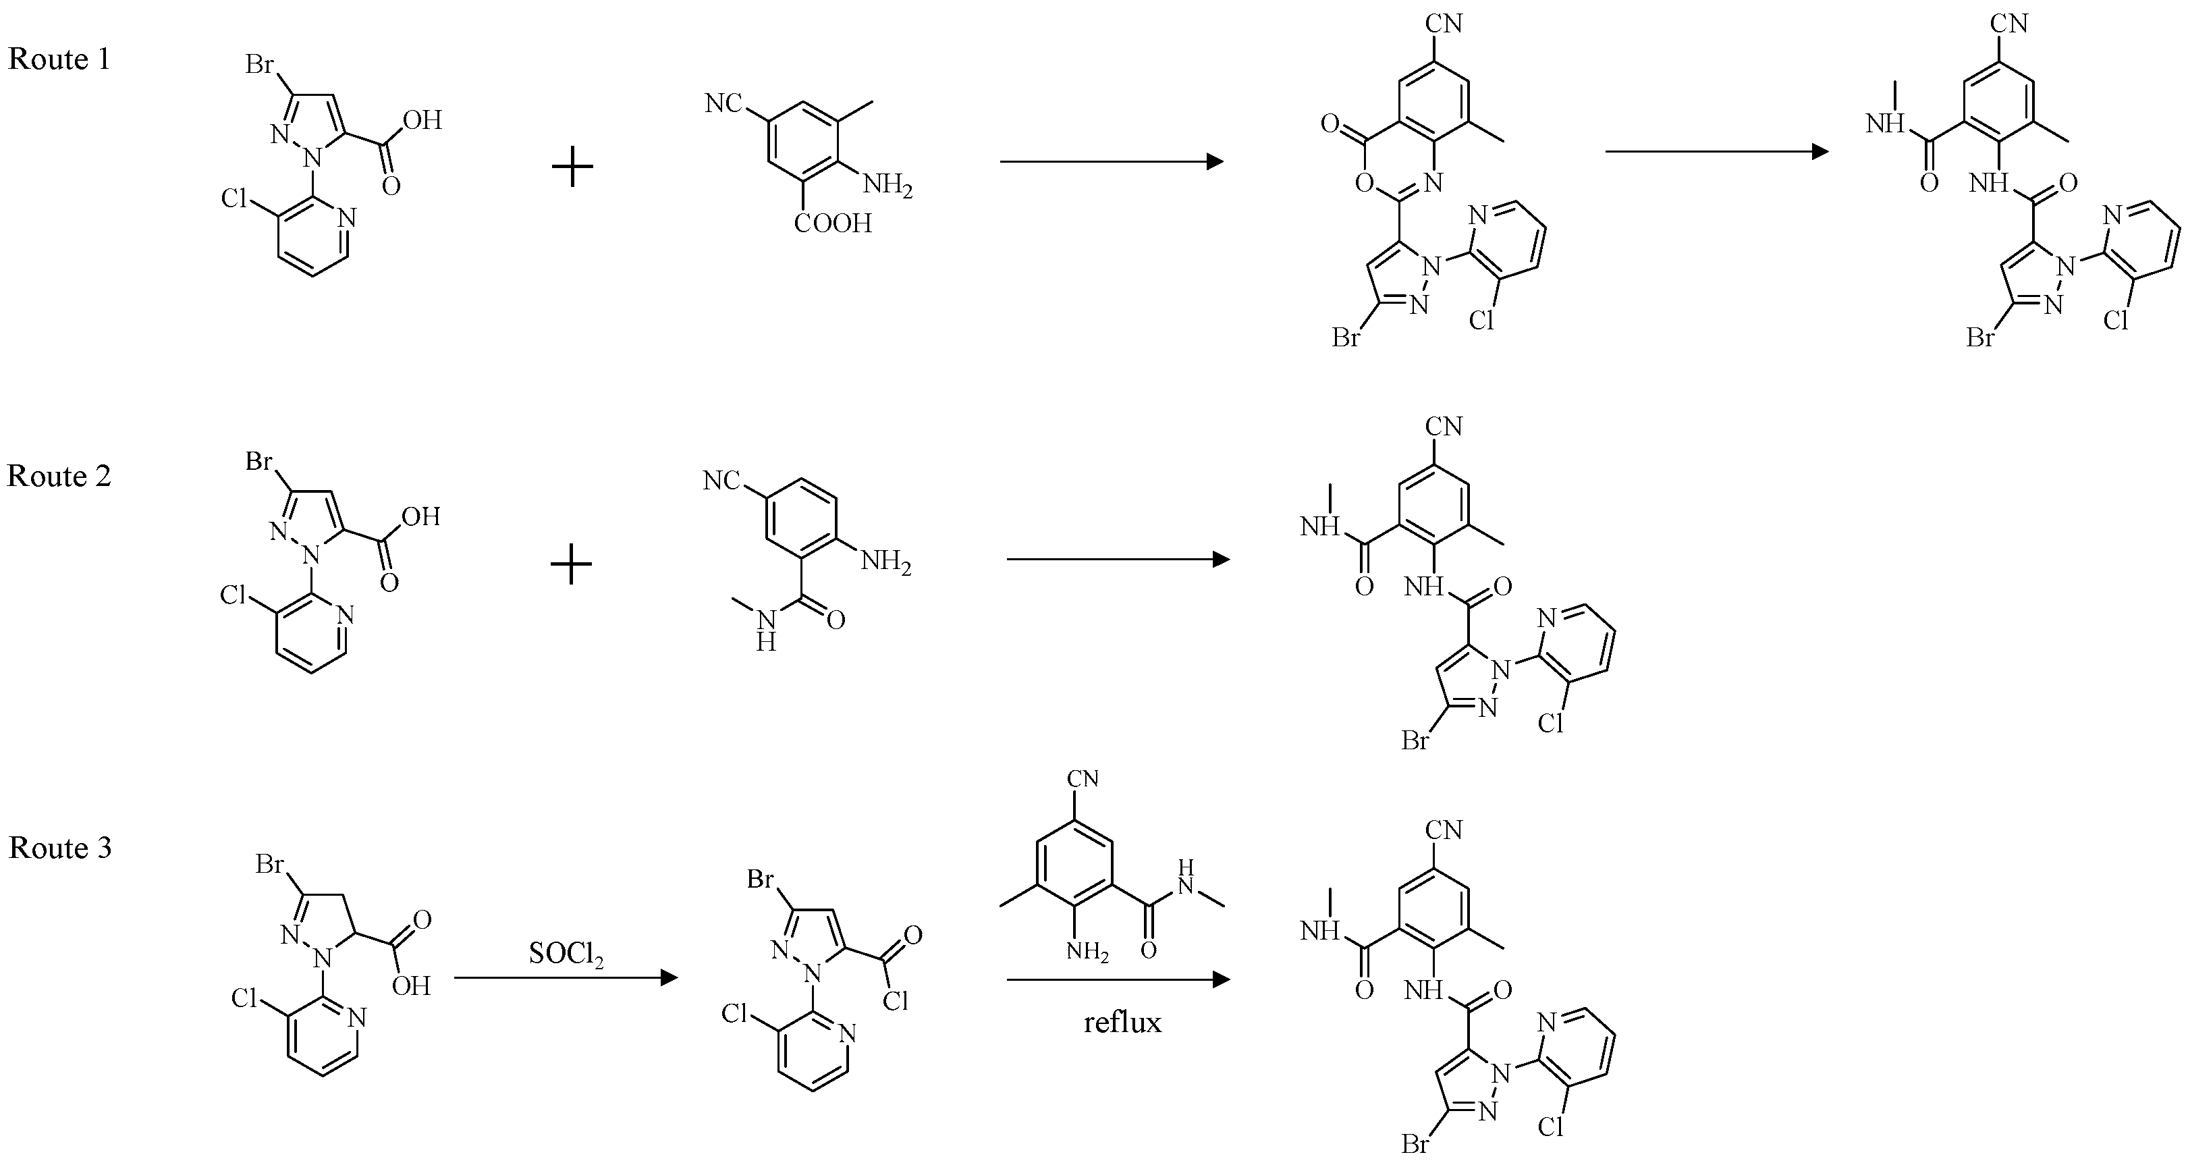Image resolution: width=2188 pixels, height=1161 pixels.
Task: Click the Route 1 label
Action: coord(59,59)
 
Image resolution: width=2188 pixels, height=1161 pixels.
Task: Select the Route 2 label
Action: coord(59,477)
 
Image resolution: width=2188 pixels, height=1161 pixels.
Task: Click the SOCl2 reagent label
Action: coord(566,954)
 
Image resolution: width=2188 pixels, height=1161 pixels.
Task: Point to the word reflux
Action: coord(1122,1022)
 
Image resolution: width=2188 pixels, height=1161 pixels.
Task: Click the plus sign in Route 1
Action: coord(572,167)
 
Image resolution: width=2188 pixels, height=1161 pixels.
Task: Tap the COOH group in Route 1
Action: coord(833,223)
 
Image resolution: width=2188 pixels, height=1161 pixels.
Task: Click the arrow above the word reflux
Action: coord(1118,980)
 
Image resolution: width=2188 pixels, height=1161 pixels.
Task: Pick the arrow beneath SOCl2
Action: coord(566,978)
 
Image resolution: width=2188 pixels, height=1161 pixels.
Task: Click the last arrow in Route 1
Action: coord(1716,152)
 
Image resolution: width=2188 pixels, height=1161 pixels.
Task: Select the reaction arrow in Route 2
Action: coord(1118,560)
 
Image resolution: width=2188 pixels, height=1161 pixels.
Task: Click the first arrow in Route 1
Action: coord(1111,161)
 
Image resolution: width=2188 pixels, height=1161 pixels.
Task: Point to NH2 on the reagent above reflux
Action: coord(1087,951)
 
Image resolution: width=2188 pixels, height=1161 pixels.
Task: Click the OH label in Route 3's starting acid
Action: coord(411,986)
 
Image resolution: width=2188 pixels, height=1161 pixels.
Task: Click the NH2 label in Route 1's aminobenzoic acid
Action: coord(887,184)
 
